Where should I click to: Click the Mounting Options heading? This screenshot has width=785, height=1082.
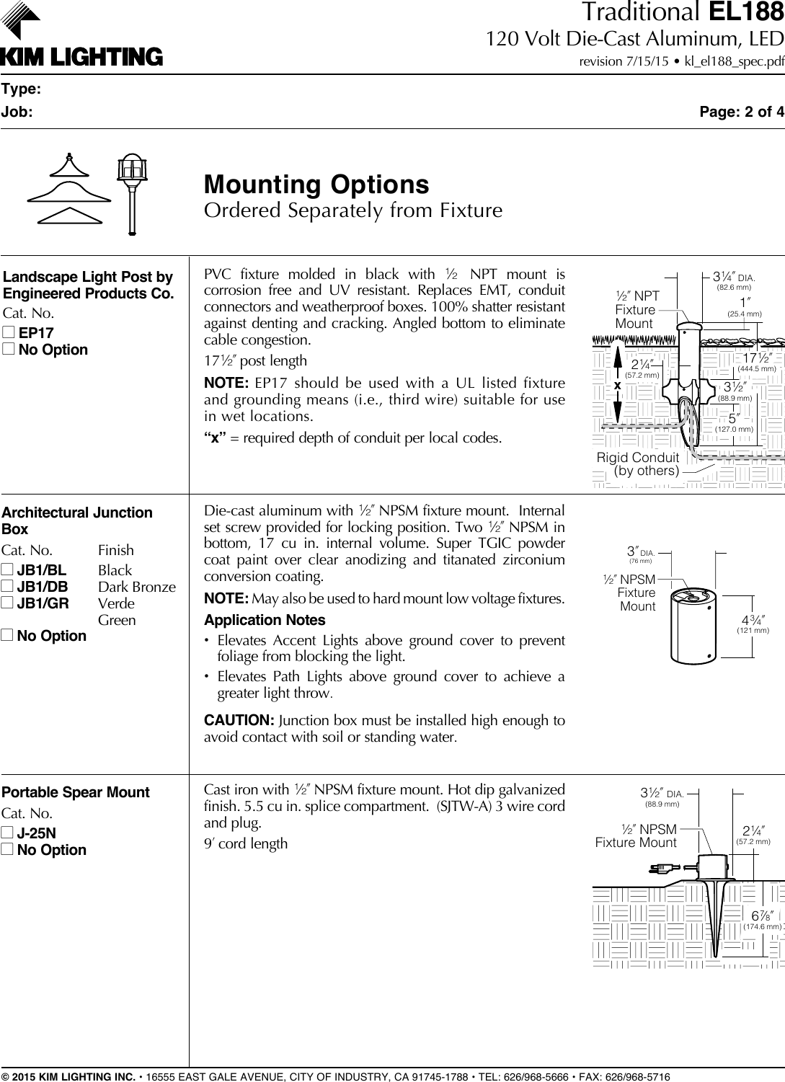coord(316,185)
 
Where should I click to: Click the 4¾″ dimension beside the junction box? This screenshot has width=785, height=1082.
coord(753,621)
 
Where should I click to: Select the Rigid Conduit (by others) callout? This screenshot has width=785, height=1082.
coord(638,464)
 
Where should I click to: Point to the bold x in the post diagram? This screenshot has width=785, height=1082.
coord(618,386)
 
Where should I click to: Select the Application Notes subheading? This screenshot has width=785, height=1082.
coord(265,620)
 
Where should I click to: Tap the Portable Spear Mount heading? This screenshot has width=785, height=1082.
coord(76,792)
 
